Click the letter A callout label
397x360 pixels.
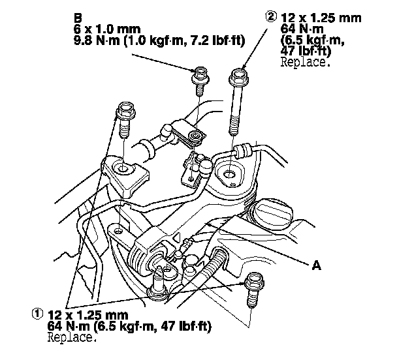[317, 266]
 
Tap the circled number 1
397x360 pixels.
[37, 313]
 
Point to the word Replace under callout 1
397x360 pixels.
[72, 338]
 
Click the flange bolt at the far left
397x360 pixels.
[123, 118]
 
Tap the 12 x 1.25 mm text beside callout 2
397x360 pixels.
[321, 18]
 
